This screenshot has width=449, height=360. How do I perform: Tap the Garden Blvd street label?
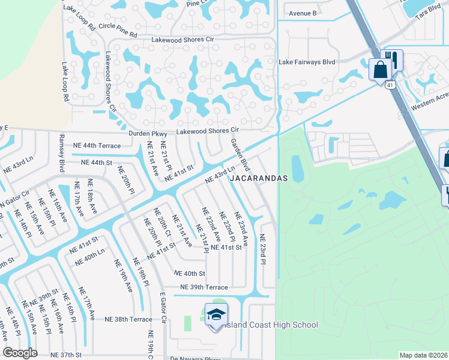coord(240,154)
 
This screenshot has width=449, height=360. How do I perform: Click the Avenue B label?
coord(303,13)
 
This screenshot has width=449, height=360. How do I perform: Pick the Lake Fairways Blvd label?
coord(306,61)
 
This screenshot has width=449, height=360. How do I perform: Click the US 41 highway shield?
coord(390,85)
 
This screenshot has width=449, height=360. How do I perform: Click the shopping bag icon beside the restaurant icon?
coord(380,68)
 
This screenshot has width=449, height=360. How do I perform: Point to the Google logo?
coord(20,353)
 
